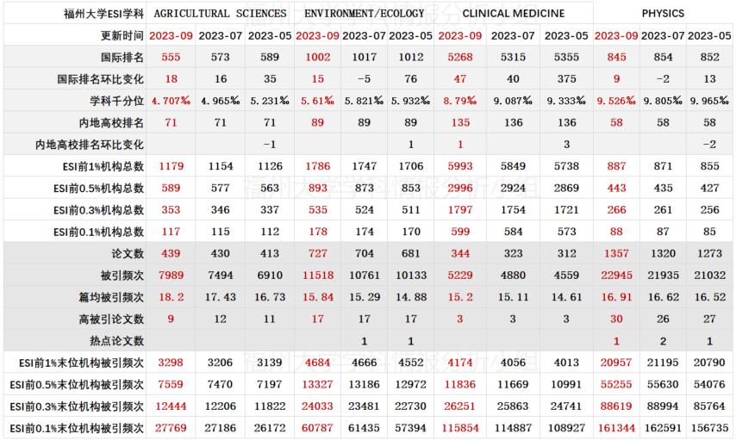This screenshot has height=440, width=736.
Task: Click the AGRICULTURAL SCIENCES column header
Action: [220, 14]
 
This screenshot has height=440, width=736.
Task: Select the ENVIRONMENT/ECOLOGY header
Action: [365, 14]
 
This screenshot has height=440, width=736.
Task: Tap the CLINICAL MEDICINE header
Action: [514, 14]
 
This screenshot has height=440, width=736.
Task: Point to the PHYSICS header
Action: [663, 14]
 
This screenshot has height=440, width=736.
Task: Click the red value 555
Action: [171, 57]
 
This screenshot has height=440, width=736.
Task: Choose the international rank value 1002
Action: [317, 57]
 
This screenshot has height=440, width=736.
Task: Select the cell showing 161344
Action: [613, 427]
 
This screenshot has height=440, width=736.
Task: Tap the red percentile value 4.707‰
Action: [171, 101]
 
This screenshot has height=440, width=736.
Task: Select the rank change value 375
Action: [566, 78]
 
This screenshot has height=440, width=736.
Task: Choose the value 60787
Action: [317, 427]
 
